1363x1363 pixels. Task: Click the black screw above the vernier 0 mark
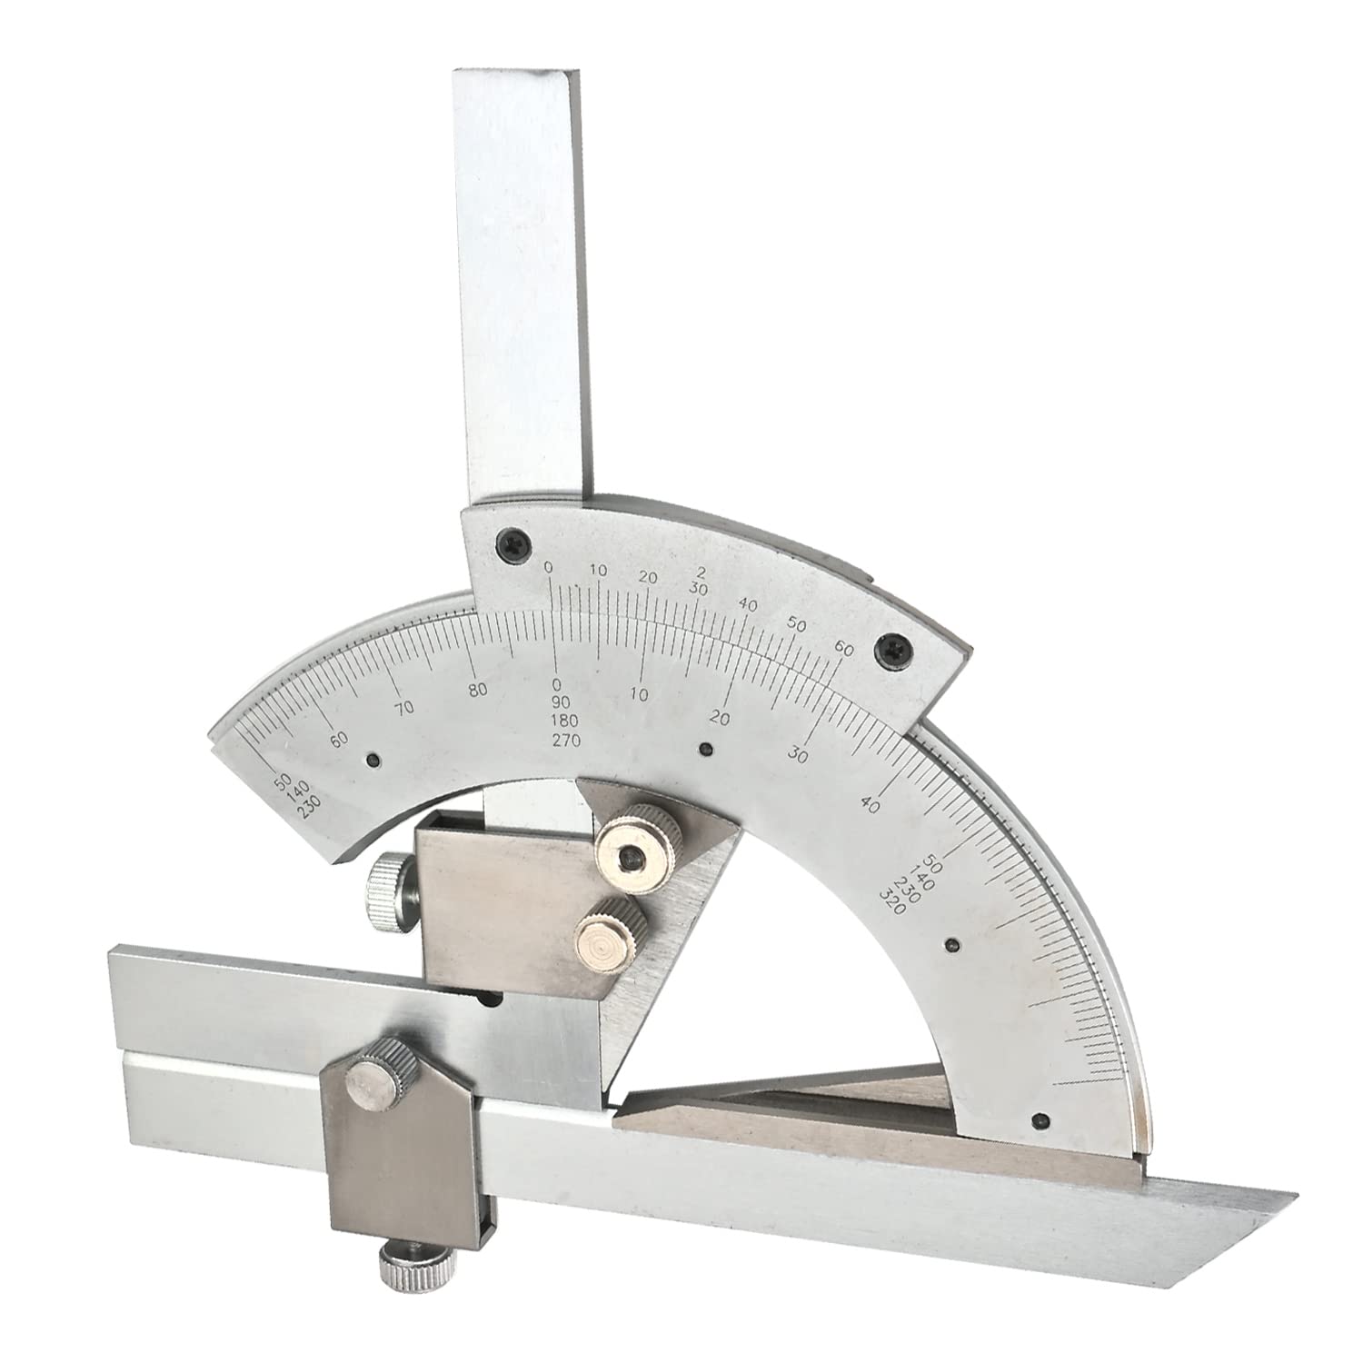click(504, 542)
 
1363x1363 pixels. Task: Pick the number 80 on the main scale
click(479, 690)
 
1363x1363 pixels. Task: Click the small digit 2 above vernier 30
click(700, 572)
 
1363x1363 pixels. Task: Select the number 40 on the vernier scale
click(749, 604)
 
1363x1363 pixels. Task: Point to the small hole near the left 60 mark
click(373, 760)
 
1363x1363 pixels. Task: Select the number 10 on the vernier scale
click(599, 571)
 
